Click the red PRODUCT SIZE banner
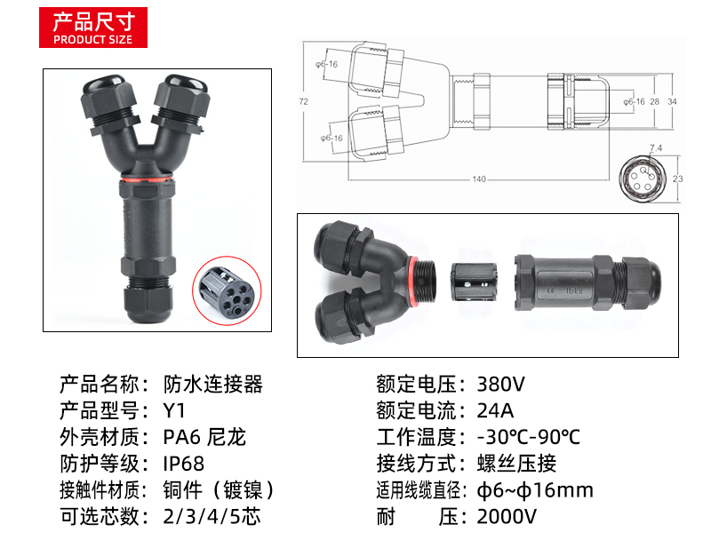[93, 28]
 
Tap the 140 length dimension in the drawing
[479, 179]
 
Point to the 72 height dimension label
[303, 101]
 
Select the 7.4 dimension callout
[656, 147]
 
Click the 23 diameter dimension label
[677, 179]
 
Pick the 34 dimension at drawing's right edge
[672, 101]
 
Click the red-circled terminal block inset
[227, 290]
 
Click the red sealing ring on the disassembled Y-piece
[412, 280]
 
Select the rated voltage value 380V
[500, 385]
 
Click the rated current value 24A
[495, 410]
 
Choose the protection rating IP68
[184, 464]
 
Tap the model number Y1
[174, 410]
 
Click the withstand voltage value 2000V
[507, 516]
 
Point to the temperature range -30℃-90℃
[529, 437]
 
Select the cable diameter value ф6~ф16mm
[535, 490]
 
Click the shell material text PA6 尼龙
[204, 437]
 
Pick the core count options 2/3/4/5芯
[212, 516]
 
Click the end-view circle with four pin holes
[642, 179]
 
